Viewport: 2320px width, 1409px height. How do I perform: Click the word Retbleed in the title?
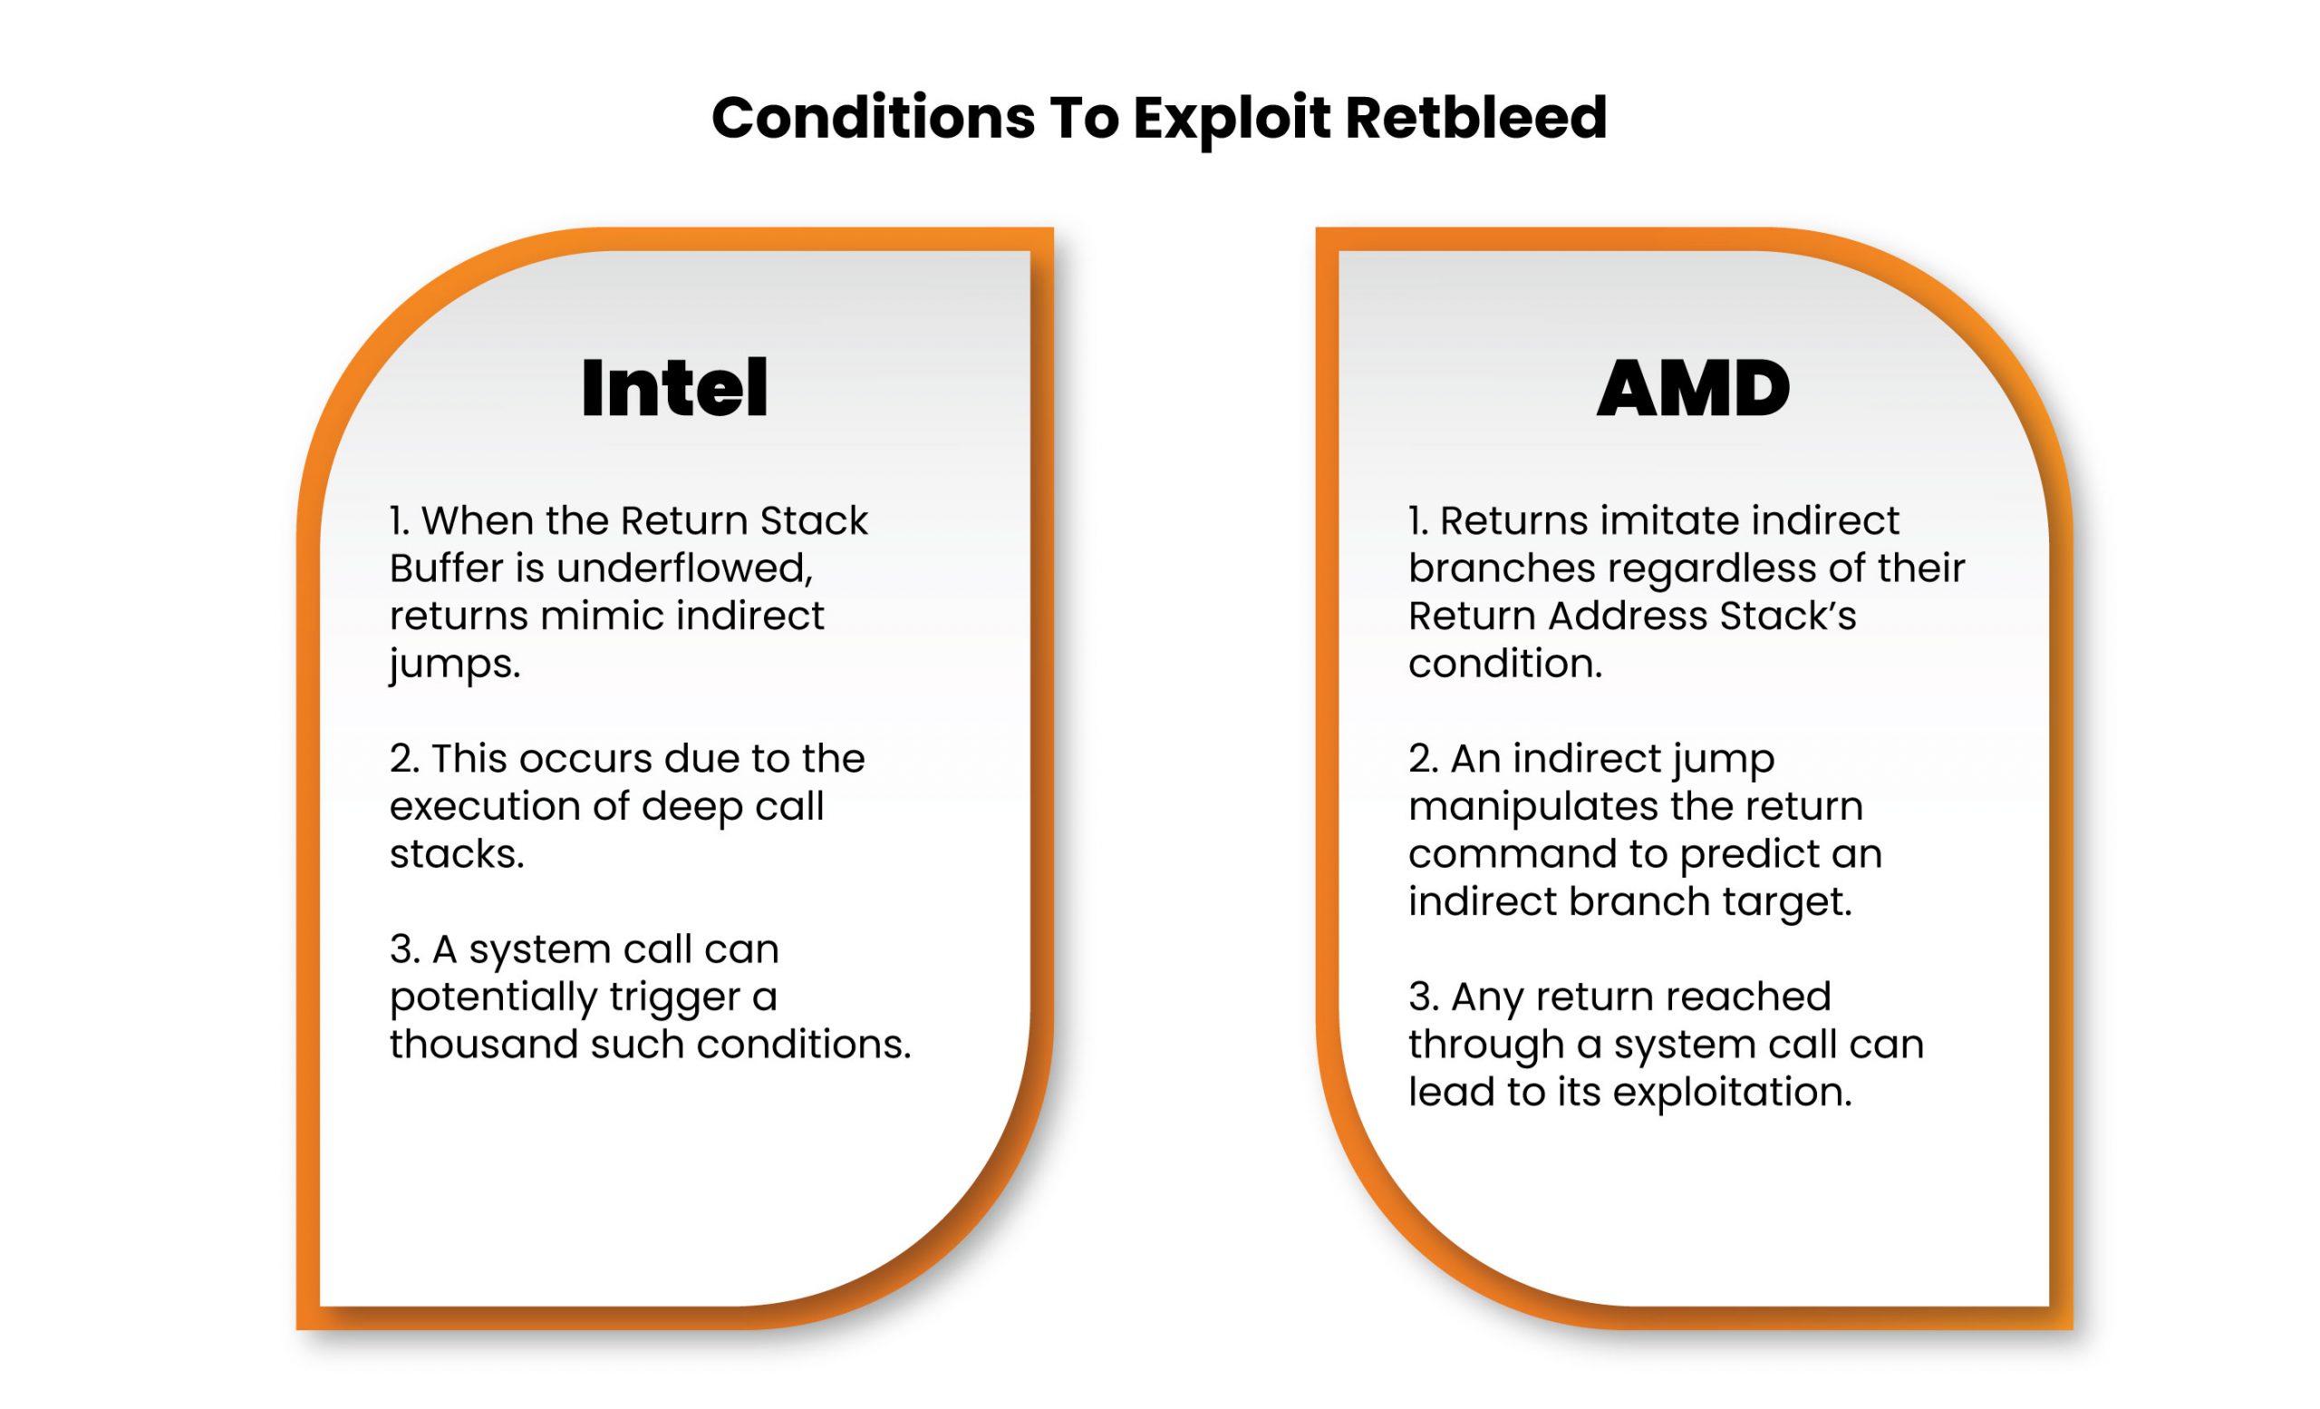tap(1475, 118)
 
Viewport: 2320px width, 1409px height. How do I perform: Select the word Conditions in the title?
tap(873, 118)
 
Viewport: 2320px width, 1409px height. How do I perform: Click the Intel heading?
tap(674, 387)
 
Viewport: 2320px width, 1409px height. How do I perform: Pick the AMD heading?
tap(1693, 388)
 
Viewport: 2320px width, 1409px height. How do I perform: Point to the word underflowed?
tap(684, 568)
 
